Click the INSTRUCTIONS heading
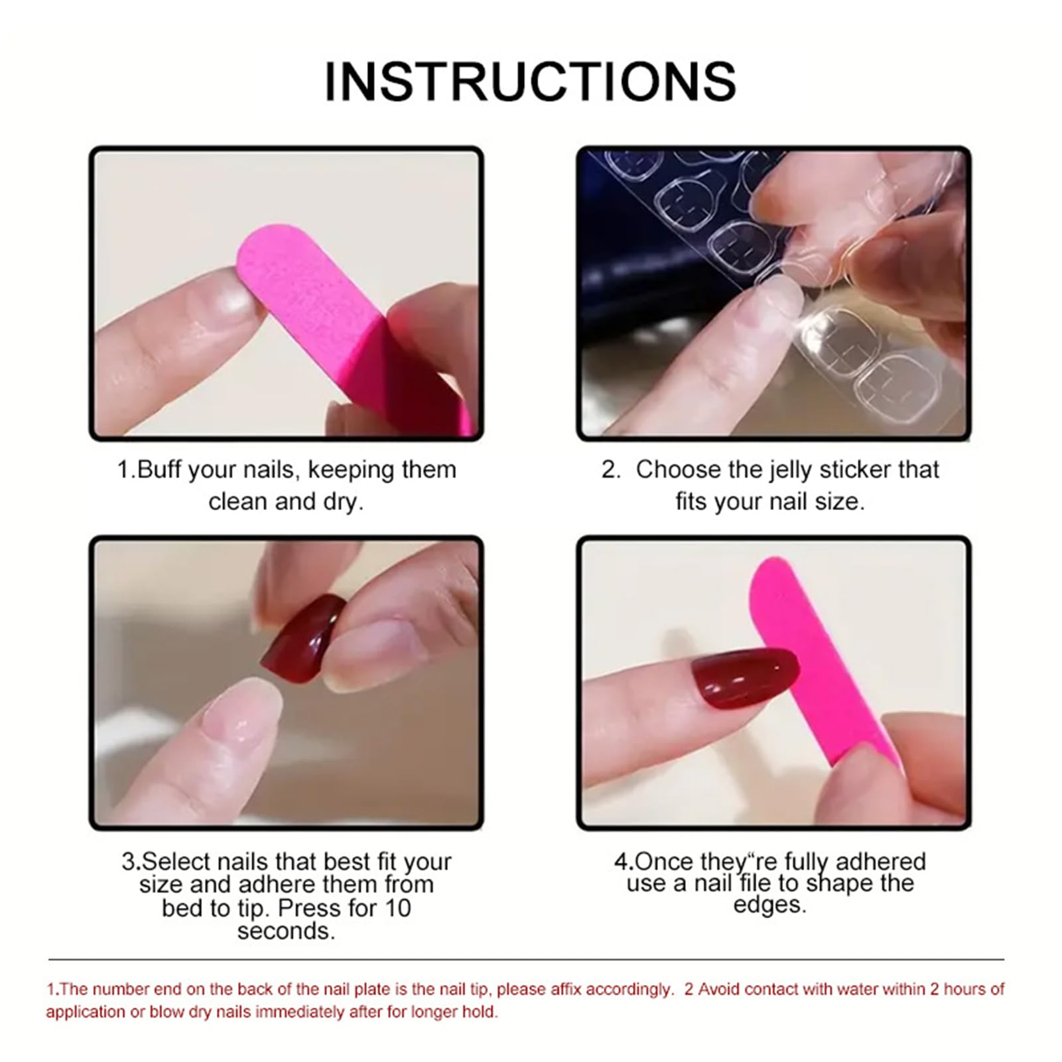[x=530, y=82]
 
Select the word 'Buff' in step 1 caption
[x=159, y=470]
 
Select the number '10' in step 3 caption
[x=397, y=908]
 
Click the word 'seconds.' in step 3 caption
[x=286, y=931]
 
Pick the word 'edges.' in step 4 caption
[x=769, y=905]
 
